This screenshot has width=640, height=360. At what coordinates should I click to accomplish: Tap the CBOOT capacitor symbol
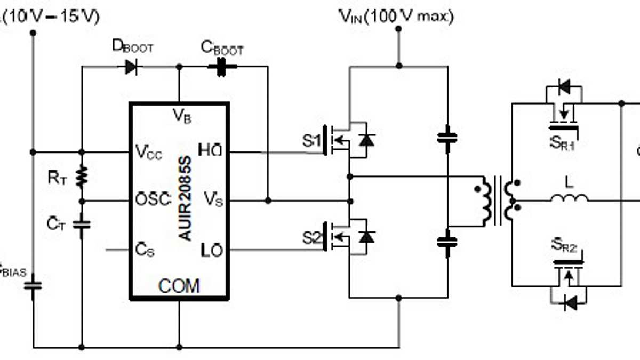(221, 67)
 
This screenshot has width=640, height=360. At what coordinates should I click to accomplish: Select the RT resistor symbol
(82, 177)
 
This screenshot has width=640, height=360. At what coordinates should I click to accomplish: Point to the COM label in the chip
(179, 286)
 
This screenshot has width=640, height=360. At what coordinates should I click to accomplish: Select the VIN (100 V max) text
(396, 17)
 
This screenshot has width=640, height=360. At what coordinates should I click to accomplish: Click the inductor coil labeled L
(570, 198)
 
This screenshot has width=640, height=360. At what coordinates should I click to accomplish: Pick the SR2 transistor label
(564, 246)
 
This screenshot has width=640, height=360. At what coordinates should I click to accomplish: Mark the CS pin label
(145, 250)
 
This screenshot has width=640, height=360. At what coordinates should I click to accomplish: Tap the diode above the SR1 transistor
(563, 85)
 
